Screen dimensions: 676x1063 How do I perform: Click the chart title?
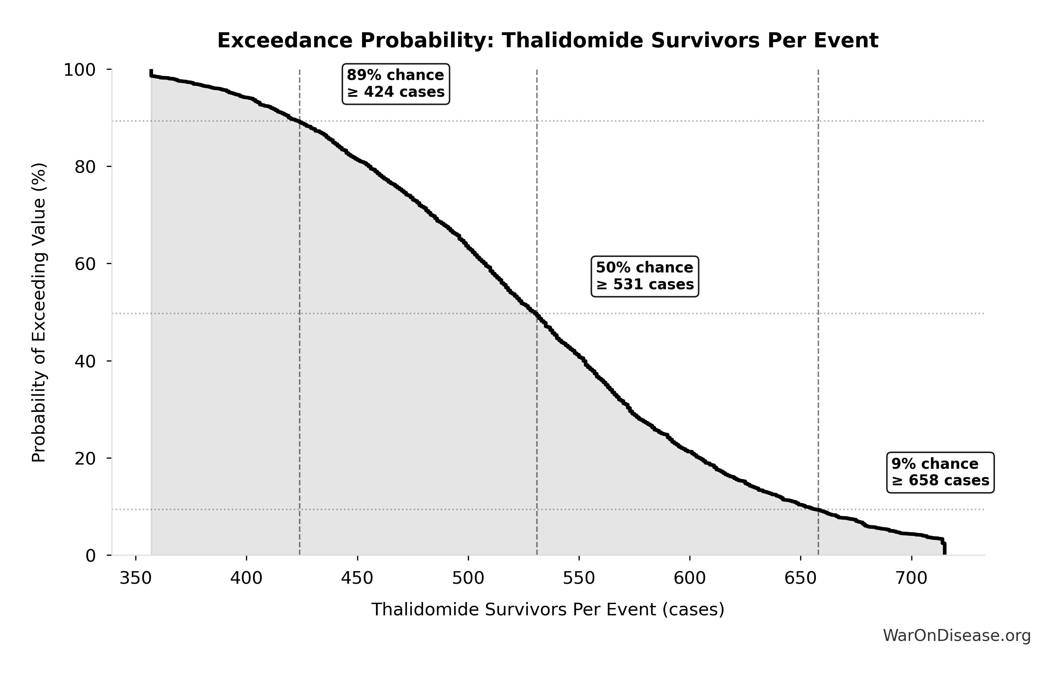click(x=547, y=41)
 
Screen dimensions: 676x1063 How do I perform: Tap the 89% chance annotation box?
click(x=396, y=84)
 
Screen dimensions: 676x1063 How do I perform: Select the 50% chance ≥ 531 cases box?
click(x=645, y=276)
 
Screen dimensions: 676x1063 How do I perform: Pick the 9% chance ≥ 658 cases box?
click(x=940, y=472)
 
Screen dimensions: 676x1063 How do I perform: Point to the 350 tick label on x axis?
click(x=136, y=578)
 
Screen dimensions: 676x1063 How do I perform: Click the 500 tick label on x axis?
click(x=468, y=578)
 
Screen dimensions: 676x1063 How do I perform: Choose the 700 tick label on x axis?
click(x=911, y=578)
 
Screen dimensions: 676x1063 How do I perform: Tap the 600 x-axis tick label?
click(x=689, y=578)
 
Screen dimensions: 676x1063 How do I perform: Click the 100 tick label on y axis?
click(x=80, y=70)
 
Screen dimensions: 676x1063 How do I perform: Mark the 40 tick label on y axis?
click(x=85, y=361)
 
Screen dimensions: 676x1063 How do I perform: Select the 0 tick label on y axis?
click(x=90, y=556)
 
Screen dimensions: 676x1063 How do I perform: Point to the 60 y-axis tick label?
click(x=85, y=264)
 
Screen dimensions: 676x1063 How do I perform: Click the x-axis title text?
click(x=547, y=610)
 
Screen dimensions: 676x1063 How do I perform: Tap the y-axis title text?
click(x=39, y=313)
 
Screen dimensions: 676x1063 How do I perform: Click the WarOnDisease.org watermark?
click(x=956, y=636)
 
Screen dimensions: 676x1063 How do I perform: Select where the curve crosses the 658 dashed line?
click(x=818, y=510)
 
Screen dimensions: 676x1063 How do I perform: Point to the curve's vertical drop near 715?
click(x=944, y=548)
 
